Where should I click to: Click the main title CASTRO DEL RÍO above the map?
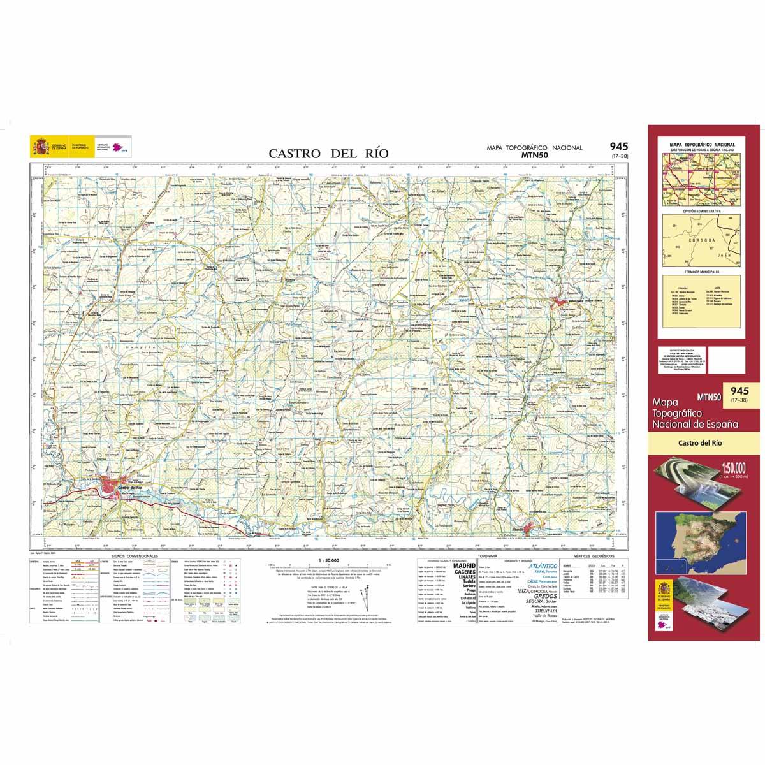click(x=328, y=153)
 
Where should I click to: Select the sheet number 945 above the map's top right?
click(x=618, y=147)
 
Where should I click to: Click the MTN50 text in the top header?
click(x=534, y=154)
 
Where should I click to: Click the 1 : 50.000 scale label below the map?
click(x=323, y=559)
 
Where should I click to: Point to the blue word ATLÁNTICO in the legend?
click(x=543, y=565)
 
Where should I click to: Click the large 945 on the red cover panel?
click(x=739, y=391)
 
